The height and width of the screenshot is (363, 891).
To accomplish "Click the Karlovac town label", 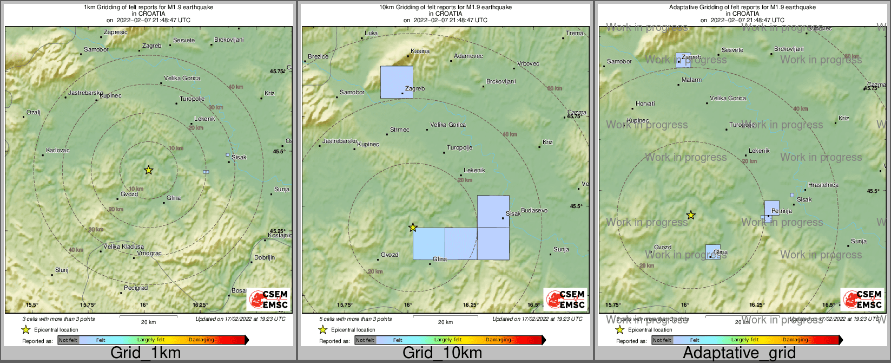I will [58, 150].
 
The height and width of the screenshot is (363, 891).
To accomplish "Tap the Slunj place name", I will [62, 270].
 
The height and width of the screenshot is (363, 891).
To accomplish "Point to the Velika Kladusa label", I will [124, 247].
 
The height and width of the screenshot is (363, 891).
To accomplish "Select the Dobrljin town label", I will [265, 258].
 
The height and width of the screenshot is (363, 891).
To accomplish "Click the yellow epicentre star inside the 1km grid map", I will [149, 170].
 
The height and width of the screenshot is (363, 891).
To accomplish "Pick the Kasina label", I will [420, 51].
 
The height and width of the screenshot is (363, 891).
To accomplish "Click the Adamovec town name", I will [468, 56].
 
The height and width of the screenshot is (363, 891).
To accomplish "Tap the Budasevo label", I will [534, 210].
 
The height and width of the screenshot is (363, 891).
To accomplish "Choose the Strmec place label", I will [400, 129].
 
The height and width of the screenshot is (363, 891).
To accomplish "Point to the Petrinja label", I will [782, 211].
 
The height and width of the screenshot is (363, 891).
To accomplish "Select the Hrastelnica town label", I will [823, 185].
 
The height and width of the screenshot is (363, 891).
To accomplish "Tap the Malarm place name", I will [691, 80].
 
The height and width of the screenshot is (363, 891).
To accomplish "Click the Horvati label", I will [645, 103].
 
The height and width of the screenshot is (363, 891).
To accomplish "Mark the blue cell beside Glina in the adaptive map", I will [712, 251].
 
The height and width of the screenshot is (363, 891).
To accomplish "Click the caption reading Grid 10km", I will [442, 353].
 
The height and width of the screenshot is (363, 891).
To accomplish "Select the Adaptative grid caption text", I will [739, 353].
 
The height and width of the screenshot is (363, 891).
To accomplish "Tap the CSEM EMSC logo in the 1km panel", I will [269, 300].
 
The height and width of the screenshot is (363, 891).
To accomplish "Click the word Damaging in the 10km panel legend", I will [498, 340].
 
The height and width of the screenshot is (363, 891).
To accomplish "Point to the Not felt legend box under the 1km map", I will [68, 340].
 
